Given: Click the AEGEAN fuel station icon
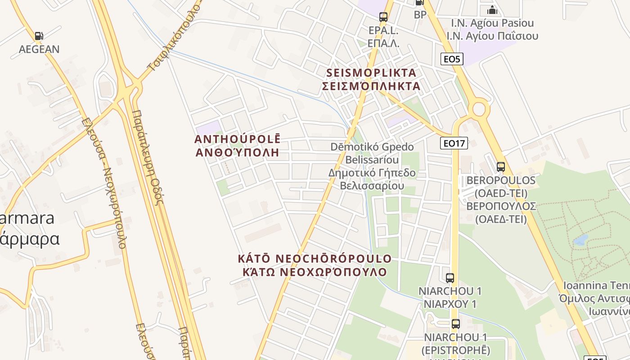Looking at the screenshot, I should click(39, 36).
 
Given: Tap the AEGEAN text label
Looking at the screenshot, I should click(39, 49).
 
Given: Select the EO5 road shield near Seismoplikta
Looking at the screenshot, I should click(452, 58).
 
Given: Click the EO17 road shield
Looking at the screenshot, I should click(454, 143).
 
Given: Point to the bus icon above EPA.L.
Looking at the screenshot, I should click(383, 17).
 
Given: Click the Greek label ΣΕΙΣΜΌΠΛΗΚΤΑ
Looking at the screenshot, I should click(371, 86).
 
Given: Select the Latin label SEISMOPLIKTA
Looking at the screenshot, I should click(371, 72).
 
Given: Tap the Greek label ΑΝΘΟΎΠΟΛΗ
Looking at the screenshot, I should click(237, 152).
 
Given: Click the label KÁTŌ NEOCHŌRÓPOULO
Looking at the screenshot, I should click(315, 259).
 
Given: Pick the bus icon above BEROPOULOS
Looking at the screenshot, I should click(501, 167).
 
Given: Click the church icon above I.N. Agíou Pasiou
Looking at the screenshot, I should click(492, 9).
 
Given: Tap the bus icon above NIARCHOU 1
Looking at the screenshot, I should click(450, 278).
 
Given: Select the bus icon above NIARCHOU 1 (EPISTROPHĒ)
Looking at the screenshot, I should click(456, 324).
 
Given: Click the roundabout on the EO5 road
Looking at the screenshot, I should click(479, 108).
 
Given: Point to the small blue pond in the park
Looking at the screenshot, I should click(581, 239).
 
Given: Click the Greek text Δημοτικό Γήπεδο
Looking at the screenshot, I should click(372, 173).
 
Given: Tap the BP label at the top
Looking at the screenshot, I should click(420, 15).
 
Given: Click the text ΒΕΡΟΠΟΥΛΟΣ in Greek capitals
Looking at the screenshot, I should click(501, 206).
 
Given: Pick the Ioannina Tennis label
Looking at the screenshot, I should click(596, 286).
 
